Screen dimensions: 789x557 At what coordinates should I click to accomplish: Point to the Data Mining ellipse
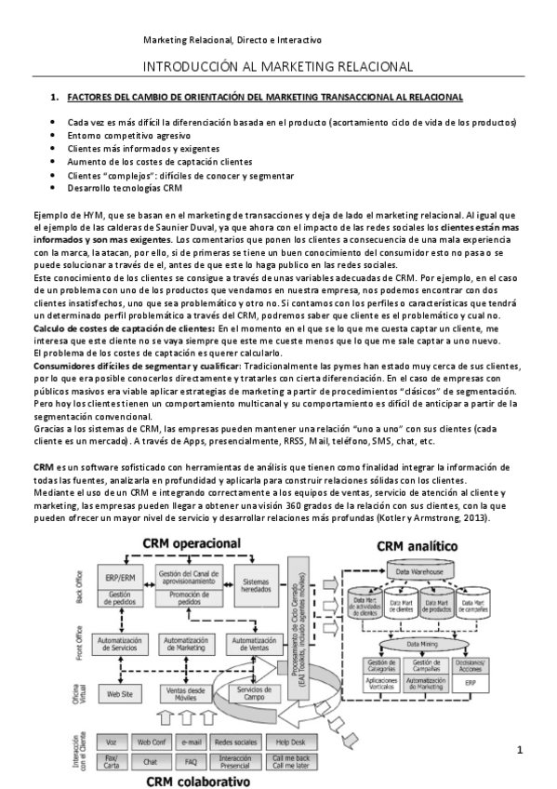point(410,643)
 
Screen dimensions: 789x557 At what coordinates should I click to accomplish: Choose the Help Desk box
point(287,742)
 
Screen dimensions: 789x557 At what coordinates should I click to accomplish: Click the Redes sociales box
point(236,742)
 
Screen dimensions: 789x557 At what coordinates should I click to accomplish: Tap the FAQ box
point(192,760)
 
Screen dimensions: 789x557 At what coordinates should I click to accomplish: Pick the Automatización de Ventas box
point(255,644)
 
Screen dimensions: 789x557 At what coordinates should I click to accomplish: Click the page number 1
point(520,749)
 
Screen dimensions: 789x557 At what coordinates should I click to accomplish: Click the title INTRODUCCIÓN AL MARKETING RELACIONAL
point(278,67)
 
